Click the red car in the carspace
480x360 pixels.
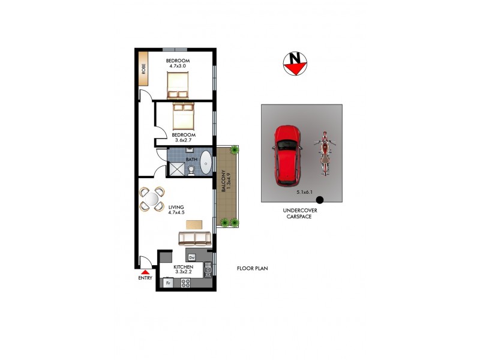click(x=287, y=155)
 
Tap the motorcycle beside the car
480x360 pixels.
click(x=324, y=153)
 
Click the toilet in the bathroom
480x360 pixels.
click(x=191, y=170)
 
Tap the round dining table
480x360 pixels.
click(x=152, y=199)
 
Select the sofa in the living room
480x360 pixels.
click(x=195, y=238)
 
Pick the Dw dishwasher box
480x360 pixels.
click(x=192, y=257)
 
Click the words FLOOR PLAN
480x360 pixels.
click(x=252, y=268)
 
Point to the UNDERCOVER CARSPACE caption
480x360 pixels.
click(x=300, y=214)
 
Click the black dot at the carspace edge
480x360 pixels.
click(x=320, y=200)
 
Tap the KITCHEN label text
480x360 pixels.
click(x=183, y=266)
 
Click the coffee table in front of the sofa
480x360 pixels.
click(x=194, y=224)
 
